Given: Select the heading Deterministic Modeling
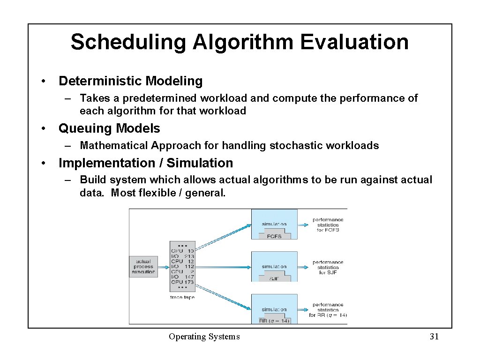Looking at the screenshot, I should pos(130,81).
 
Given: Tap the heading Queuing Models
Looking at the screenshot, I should pos(109,128).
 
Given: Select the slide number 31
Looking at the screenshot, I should pos(434,337).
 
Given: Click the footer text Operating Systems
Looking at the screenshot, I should pos(204,337).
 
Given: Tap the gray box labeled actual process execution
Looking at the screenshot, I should pos(143,266).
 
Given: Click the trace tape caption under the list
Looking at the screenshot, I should pos(182,297).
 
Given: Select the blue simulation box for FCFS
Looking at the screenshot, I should pos(274,225).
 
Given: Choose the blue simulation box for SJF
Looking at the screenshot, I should pos(274,267).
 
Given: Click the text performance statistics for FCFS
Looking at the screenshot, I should pos(328,225).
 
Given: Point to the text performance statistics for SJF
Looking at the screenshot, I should pos(328,267).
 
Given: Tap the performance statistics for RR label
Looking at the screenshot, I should pos(328,310).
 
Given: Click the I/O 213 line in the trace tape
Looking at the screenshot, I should pos(182,256).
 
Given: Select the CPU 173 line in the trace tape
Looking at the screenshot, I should pos(182,282).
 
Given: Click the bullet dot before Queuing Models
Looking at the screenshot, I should pos(43,128).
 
